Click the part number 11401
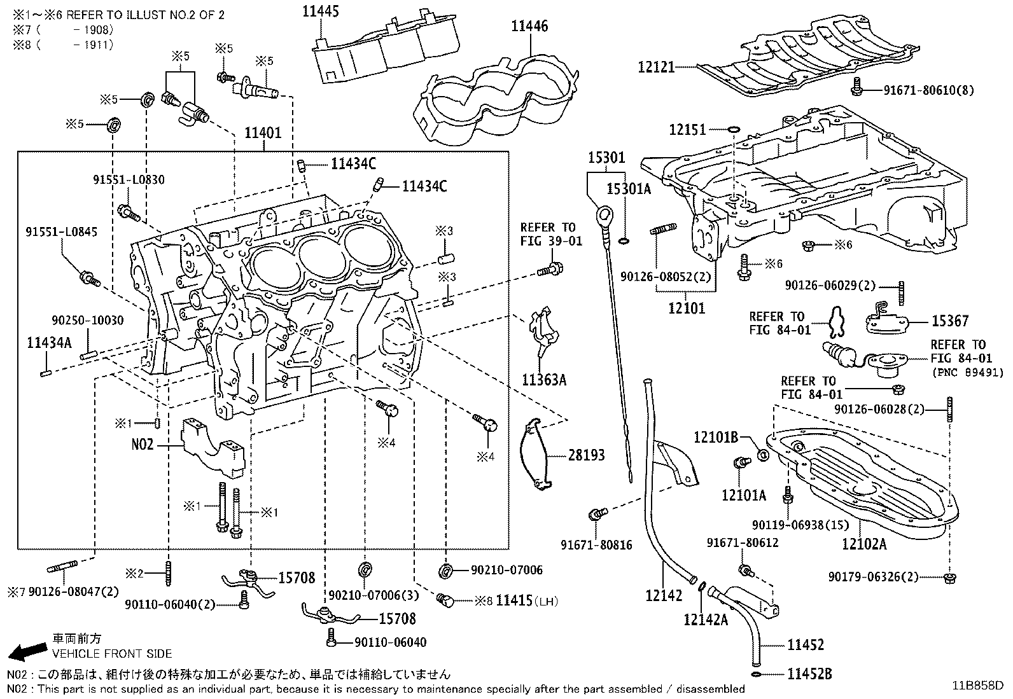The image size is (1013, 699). click(263, 133)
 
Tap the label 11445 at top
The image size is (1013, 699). click(321, 11)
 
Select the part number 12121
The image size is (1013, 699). click(656, 66)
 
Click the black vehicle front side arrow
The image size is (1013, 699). click(27, 650)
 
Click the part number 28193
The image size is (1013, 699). click(586, 455)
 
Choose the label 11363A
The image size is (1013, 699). click(543, 380)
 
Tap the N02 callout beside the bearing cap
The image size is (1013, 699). click(143, 445)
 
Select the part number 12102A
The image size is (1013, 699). click(863, 544)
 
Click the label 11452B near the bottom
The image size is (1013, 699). click(809, 674)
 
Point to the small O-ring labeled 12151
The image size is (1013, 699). click(733, 130)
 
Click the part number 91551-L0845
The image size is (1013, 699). click(62, 232)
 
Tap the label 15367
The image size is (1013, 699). click(950, 321)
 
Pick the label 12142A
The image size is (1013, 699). click(705, 619)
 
